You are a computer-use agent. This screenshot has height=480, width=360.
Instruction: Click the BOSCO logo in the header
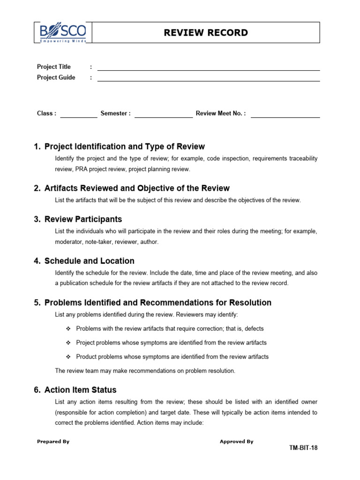tap(63, 33)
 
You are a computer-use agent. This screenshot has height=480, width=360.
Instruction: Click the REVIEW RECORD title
tap(206, 33)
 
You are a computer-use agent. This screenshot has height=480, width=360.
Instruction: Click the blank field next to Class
tap(78, 116)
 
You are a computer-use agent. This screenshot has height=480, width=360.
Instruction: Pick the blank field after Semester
tap(163, 116)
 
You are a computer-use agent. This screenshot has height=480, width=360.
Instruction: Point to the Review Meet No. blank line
tap(285, 116)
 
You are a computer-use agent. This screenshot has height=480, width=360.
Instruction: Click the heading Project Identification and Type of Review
tap(124, 147)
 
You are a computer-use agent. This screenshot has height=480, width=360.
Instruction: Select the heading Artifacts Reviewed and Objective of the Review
tap(137, 188)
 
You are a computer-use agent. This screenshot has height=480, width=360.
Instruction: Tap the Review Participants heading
tap(83, 219)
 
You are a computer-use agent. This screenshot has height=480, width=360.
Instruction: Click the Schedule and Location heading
tap(89, 261)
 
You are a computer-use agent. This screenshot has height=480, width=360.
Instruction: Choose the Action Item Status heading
tap(80, 390)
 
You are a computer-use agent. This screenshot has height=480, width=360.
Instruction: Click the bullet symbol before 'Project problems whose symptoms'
tap(68, 343)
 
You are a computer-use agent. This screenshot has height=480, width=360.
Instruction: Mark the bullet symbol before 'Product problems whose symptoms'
tap(68, 357)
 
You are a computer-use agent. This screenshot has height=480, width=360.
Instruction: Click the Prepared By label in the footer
tap(53, 442)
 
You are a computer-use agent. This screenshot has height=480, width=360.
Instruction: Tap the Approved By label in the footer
tap(236, 442)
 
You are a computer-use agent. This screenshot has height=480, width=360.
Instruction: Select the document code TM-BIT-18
tap(303, 448)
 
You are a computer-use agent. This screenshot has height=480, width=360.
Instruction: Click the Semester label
tap(115, 113)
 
